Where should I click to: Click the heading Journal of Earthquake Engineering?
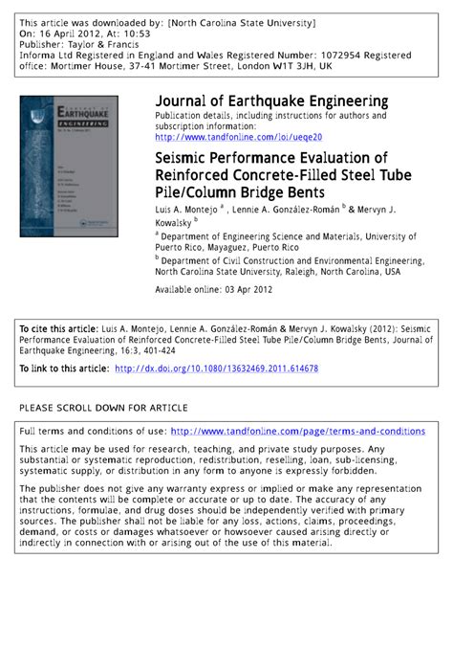point(271,101)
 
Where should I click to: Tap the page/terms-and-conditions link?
point(297,432)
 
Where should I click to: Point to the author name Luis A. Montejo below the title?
point(186,208)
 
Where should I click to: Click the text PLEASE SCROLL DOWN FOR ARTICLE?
point(103,408)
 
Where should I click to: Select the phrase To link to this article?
point(64,369)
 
